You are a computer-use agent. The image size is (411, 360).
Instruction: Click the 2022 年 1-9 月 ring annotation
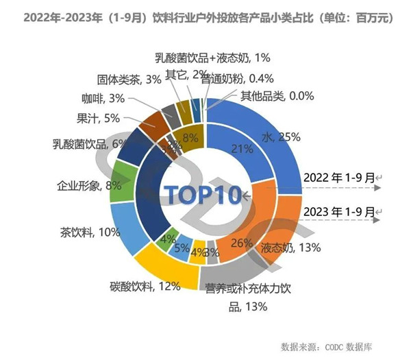(339, 178)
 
